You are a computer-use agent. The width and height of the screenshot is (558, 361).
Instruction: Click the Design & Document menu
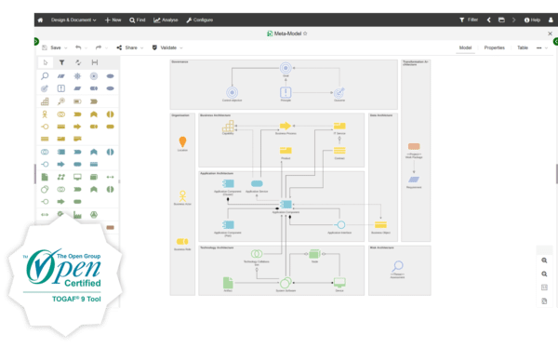click(73, 19)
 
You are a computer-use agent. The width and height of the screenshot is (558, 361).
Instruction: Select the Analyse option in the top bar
click(167, 19)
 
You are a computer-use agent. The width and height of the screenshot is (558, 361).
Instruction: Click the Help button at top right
click(533, 19)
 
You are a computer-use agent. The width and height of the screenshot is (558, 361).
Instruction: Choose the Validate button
click(166, 47)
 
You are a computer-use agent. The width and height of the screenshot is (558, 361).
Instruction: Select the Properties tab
click(494, 47)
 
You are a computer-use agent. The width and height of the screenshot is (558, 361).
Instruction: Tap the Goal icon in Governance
click(286, 67)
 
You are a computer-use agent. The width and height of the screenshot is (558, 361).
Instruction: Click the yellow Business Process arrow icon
click(286, 125)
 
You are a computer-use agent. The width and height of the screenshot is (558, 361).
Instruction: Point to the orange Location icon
click(182, 140)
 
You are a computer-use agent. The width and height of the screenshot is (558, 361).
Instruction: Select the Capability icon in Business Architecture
click(228, 126)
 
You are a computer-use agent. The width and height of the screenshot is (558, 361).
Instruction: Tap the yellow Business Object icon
click(379, 224)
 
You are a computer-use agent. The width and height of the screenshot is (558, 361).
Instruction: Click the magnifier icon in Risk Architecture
click(397, 269)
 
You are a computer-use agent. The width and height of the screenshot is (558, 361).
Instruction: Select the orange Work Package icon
click(413, 148)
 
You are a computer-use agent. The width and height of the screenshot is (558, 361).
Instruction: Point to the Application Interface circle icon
click(341, 224)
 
